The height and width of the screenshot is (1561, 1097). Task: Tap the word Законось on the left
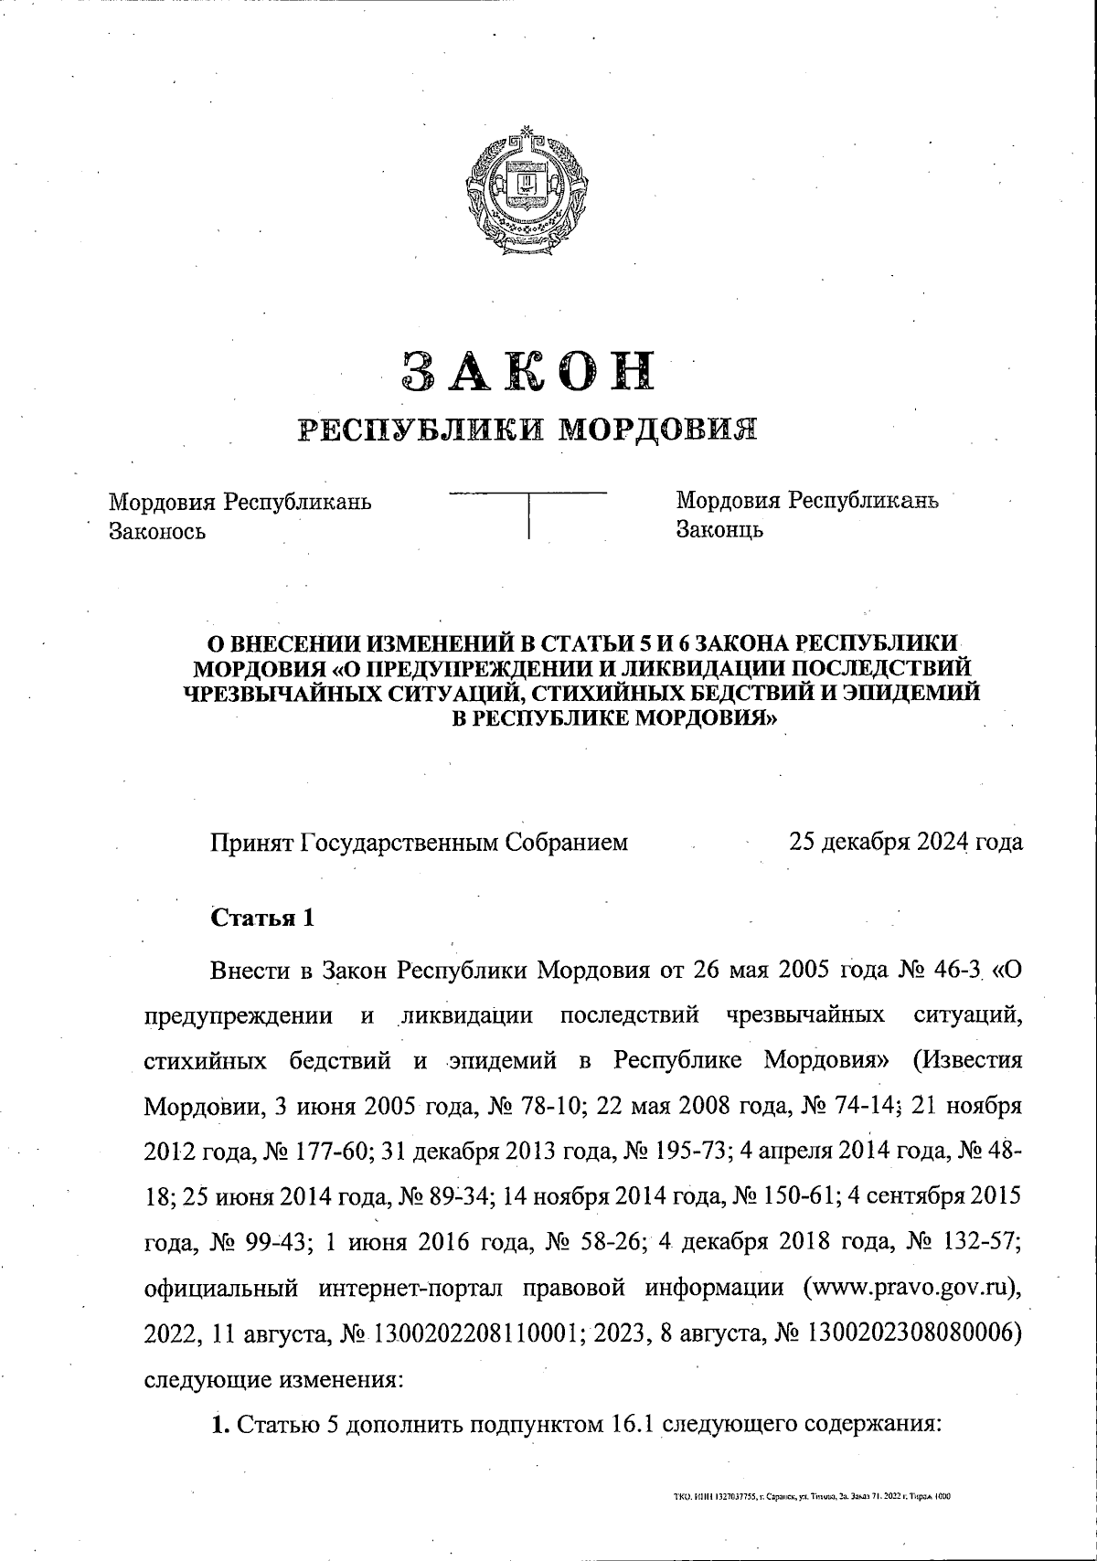click(157, 531)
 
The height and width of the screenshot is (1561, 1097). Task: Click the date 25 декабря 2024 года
click(905, 842)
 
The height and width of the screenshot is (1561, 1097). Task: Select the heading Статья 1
click(263, 918)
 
